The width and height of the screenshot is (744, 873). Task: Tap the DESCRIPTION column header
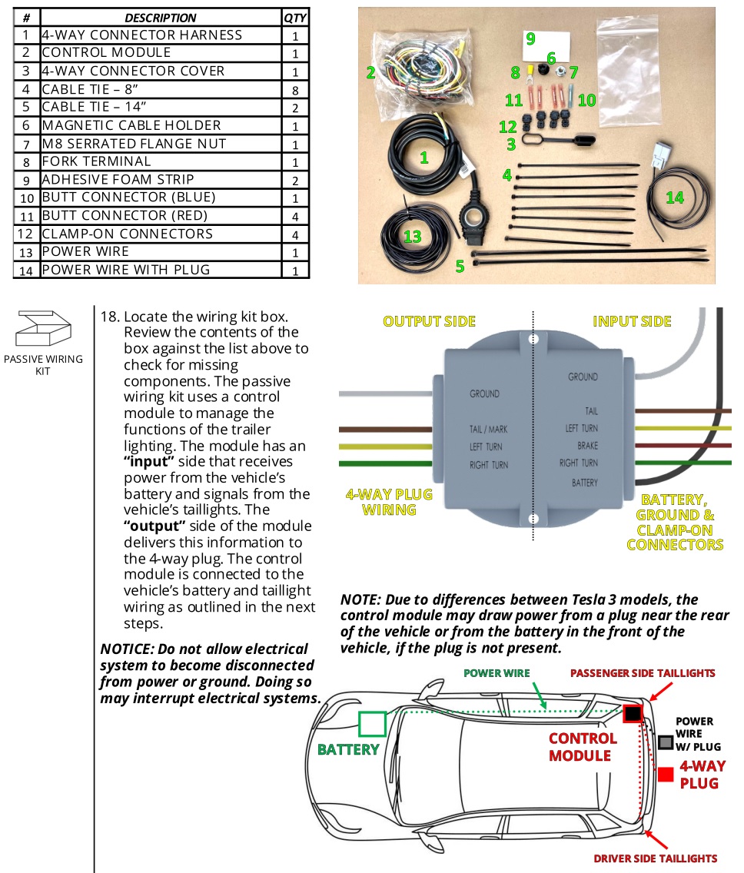coord(161,17)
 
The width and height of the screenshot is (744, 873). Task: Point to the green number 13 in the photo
coord(413,236)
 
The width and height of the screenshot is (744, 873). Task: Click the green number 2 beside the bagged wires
coord(370,73)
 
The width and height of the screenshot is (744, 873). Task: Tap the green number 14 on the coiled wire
coord(674,198)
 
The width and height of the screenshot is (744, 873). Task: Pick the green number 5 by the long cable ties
coord(460,266)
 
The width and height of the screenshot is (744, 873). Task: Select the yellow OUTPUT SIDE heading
coord(429,321)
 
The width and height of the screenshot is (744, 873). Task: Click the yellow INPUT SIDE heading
coord(632,321)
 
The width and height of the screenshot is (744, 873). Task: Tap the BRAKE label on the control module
coord(587,446)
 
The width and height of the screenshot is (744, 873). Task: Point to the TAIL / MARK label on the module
coord(489,429)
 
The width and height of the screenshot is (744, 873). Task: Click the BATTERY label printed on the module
coord(584,483)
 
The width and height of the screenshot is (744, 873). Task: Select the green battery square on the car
coord(372,725)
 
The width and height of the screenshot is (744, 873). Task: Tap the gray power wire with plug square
coord(666,742)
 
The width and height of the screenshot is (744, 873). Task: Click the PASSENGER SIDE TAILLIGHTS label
coord(643,673)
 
